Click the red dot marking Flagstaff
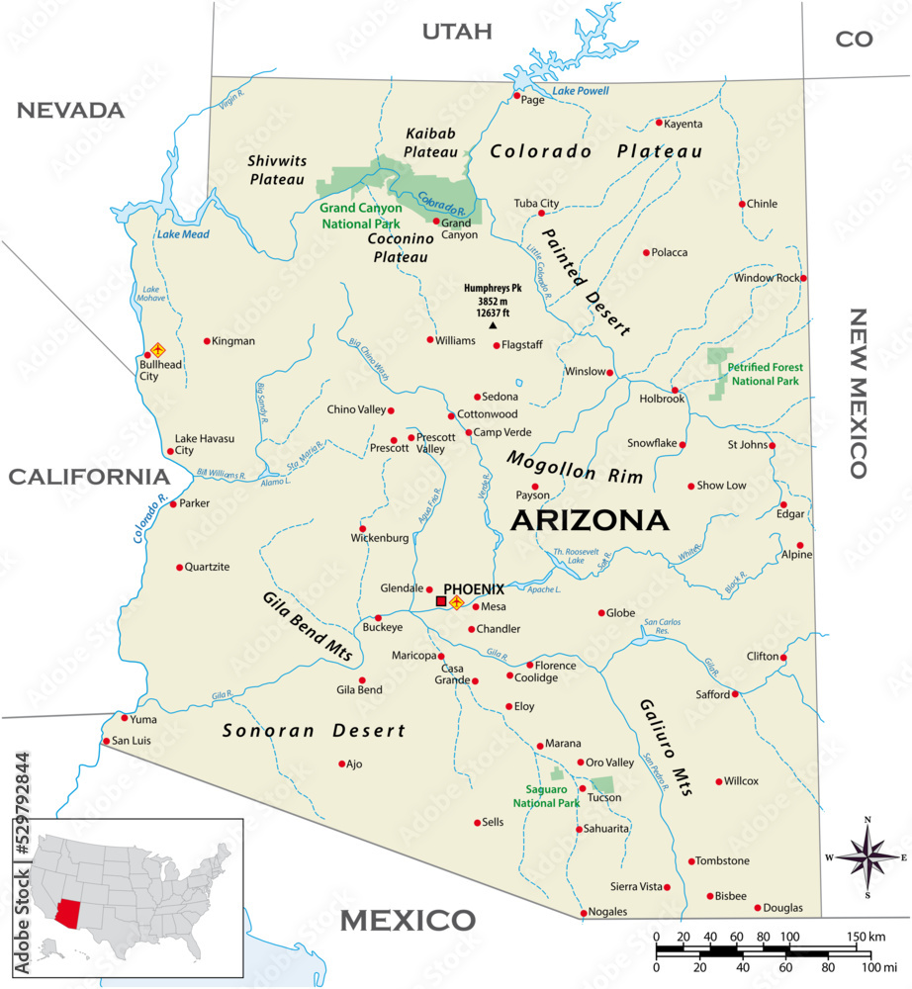coord(498,345)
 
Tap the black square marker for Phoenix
coord(441,601)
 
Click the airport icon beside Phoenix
coord(457,602)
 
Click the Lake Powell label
coord(580,91)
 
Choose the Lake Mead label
coord(183,234)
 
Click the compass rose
coord(867,856)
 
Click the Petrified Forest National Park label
coord(763,374)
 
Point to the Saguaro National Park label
coord(546,796)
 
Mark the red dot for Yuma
coord(124,718)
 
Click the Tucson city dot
coord(583,788)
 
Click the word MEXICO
coord(408,921)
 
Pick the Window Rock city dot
coord(803,278)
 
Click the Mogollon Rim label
coord(575,467)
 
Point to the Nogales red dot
coord(583,912)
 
